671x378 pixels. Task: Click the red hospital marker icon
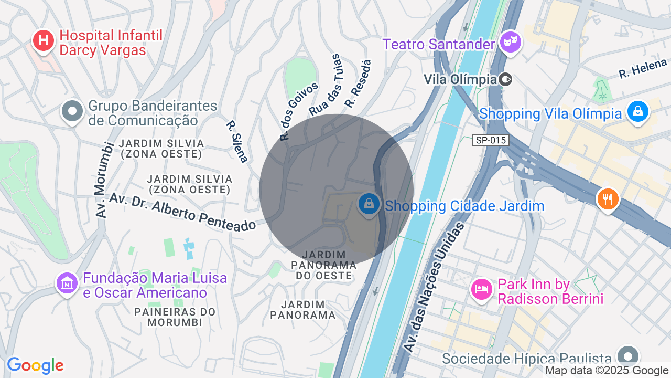(x=44, y=40)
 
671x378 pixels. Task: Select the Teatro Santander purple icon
(x=509, y=41)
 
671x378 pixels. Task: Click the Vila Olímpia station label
(x=460, y=79)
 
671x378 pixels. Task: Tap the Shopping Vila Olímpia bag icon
(x=637, y=111)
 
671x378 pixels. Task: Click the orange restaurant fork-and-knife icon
(x=608, y=199)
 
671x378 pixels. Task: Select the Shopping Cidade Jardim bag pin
(x=369, y=204)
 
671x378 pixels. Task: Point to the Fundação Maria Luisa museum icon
(x=67, y=283)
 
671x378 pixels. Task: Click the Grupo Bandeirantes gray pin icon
(x=72, y=111)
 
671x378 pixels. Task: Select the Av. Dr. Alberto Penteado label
(x=182, y=212)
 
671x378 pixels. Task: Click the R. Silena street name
(x=237, y=141)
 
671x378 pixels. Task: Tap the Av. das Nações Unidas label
(x=434, y=287)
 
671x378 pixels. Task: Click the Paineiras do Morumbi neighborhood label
(x=175, y=317)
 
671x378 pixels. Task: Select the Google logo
(x=35, y=365)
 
